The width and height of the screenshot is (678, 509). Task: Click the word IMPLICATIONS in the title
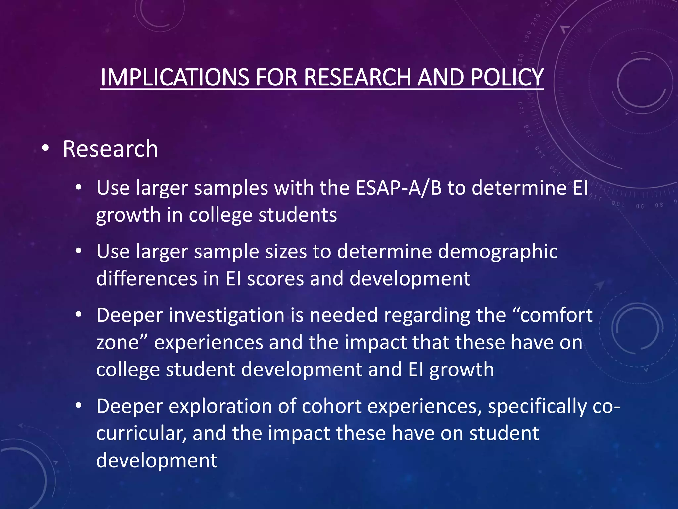click(x=175, y=77)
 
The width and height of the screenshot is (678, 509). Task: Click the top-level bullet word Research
click(x=110, y=149)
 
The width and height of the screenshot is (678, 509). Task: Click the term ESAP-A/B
click(x=399, y=188)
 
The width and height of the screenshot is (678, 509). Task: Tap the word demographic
click(x=498, y=252)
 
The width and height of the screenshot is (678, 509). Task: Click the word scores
click(x=275, y=278)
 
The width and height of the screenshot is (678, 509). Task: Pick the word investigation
click(x=227, y=315)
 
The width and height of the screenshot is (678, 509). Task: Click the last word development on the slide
click(x=157, y=461)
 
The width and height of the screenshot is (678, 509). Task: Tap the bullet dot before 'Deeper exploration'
click(x=78, y=405)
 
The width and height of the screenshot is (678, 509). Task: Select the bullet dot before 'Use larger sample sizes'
click(x=78, y=251)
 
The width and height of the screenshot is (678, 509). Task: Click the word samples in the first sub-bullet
click(x=231, y=188)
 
